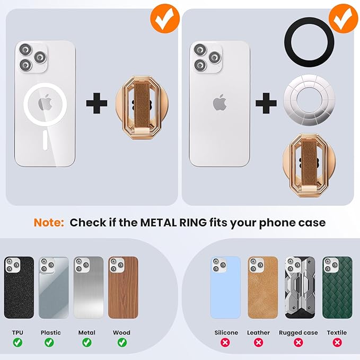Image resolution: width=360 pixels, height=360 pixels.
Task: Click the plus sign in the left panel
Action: click(96, 102)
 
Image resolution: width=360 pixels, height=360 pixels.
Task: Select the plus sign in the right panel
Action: click(266, 102)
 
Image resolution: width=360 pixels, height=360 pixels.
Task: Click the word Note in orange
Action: click(49, 222)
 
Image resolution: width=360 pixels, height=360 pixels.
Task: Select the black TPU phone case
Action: click(19, 287)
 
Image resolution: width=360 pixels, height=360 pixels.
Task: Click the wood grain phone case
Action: click(123, 287)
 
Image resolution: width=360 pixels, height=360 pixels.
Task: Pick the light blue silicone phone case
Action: click(225, 287)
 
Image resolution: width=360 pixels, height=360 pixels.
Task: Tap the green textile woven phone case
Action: click(337, 287)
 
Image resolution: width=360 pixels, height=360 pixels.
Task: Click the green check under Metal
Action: click(87, 343)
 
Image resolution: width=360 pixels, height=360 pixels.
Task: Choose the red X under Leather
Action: click(259, 343)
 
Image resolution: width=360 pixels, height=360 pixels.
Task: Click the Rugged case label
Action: click(298, 333)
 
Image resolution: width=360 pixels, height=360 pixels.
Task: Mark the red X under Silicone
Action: click(226, 343)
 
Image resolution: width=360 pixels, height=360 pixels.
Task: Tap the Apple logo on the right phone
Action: click(219, 102)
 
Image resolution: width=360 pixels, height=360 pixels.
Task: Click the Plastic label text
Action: click(51, 333)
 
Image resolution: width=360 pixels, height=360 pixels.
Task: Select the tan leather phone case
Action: click(262, 287)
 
